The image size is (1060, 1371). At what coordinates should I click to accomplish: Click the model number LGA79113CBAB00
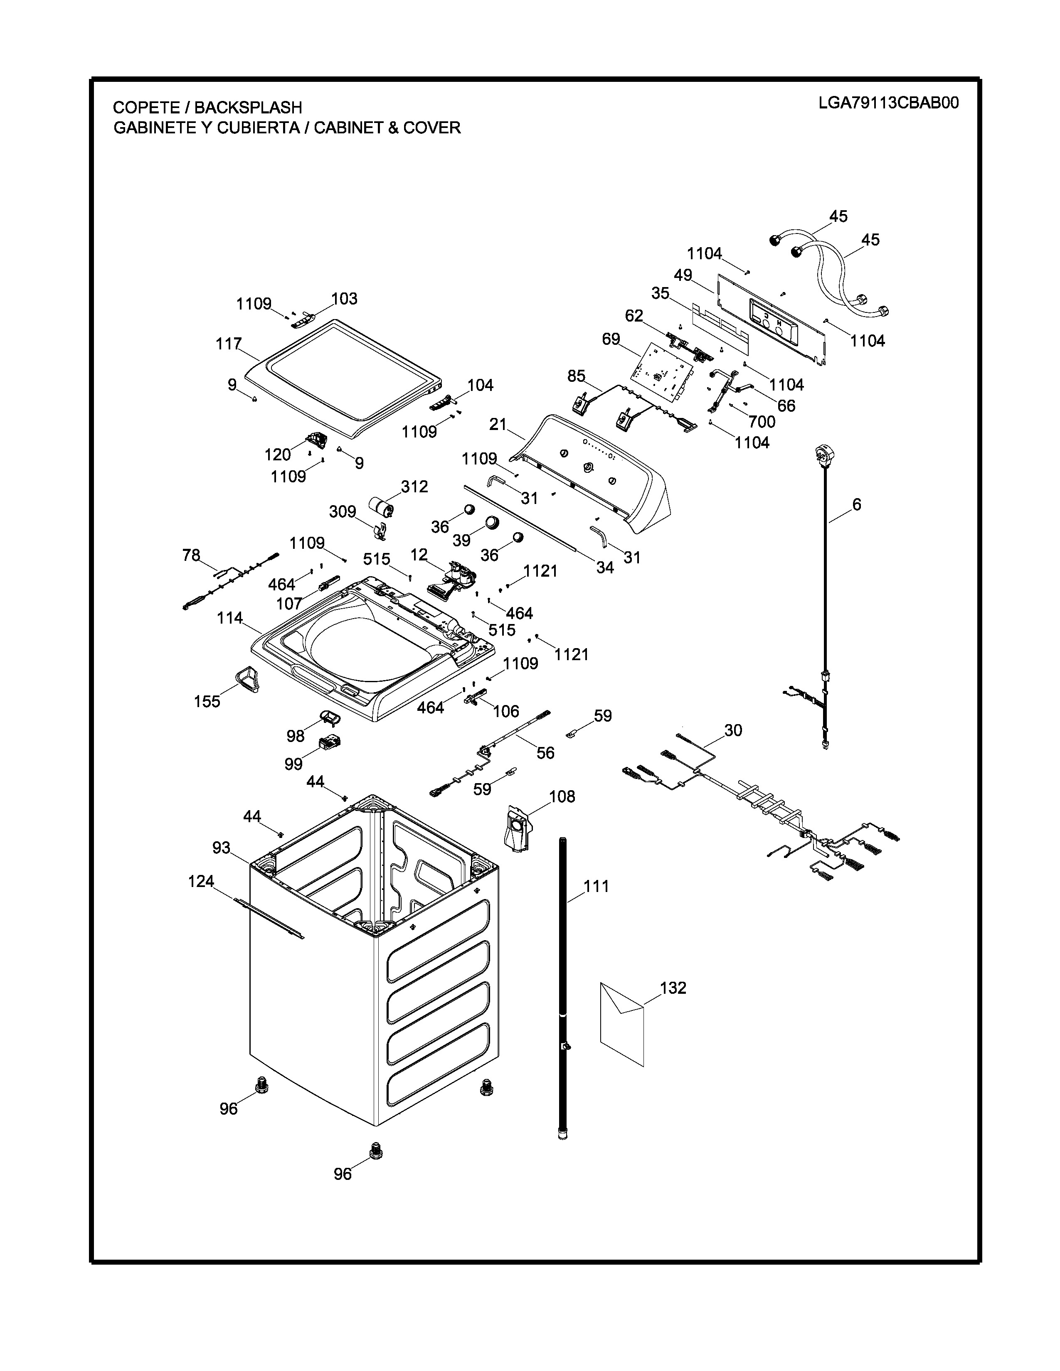click(888, 103)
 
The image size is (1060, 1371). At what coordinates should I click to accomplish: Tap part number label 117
click(229, 344)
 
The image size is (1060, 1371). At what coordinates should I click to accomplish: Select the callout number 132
click(673, 988)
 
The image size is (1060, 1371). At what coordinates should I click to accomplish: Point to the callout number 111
click(596, 887)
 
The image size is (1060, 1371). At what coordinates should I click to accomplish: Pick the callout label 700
click(762, 422)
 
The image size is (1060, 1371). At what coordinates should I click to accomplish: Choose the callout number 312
click(414, 486)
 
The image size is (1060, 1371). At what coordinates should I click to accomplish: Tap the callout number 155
click(207, 701)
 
